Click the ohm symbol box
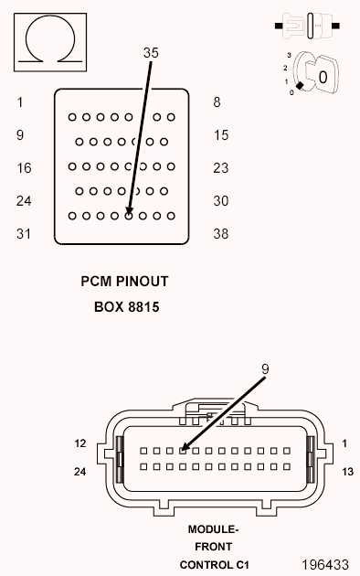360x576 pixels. coord(44,43)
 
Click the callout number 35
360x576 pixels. coord(151,53)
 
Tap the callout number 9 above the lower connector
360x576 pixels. coord(265,368)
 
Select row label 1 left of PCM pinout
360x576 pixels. coord(19,102)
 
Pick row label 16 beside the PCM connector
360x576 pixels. coord(25,168)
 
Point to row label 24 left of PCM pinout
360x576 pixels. coord(25,201)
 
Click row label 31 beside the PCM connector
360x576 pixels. coord(25,234)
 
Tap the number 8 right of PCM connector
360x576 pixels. coord(217,102)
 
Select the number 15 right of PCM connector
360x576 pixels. coord(220,135)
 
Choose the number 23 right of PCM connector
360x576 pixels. coord(220,168)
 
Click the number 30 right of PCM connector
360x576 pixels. coord(220,201)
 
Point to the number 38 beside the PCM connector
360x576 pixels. coord(220,234)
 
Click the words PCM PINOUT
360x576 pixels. coord(125,283)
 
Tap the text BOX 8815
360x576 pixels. coord(126,307)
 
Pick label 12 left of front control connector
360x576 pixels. coord(80,443)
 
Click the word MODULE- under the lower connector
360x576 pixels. coord(213,529)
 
